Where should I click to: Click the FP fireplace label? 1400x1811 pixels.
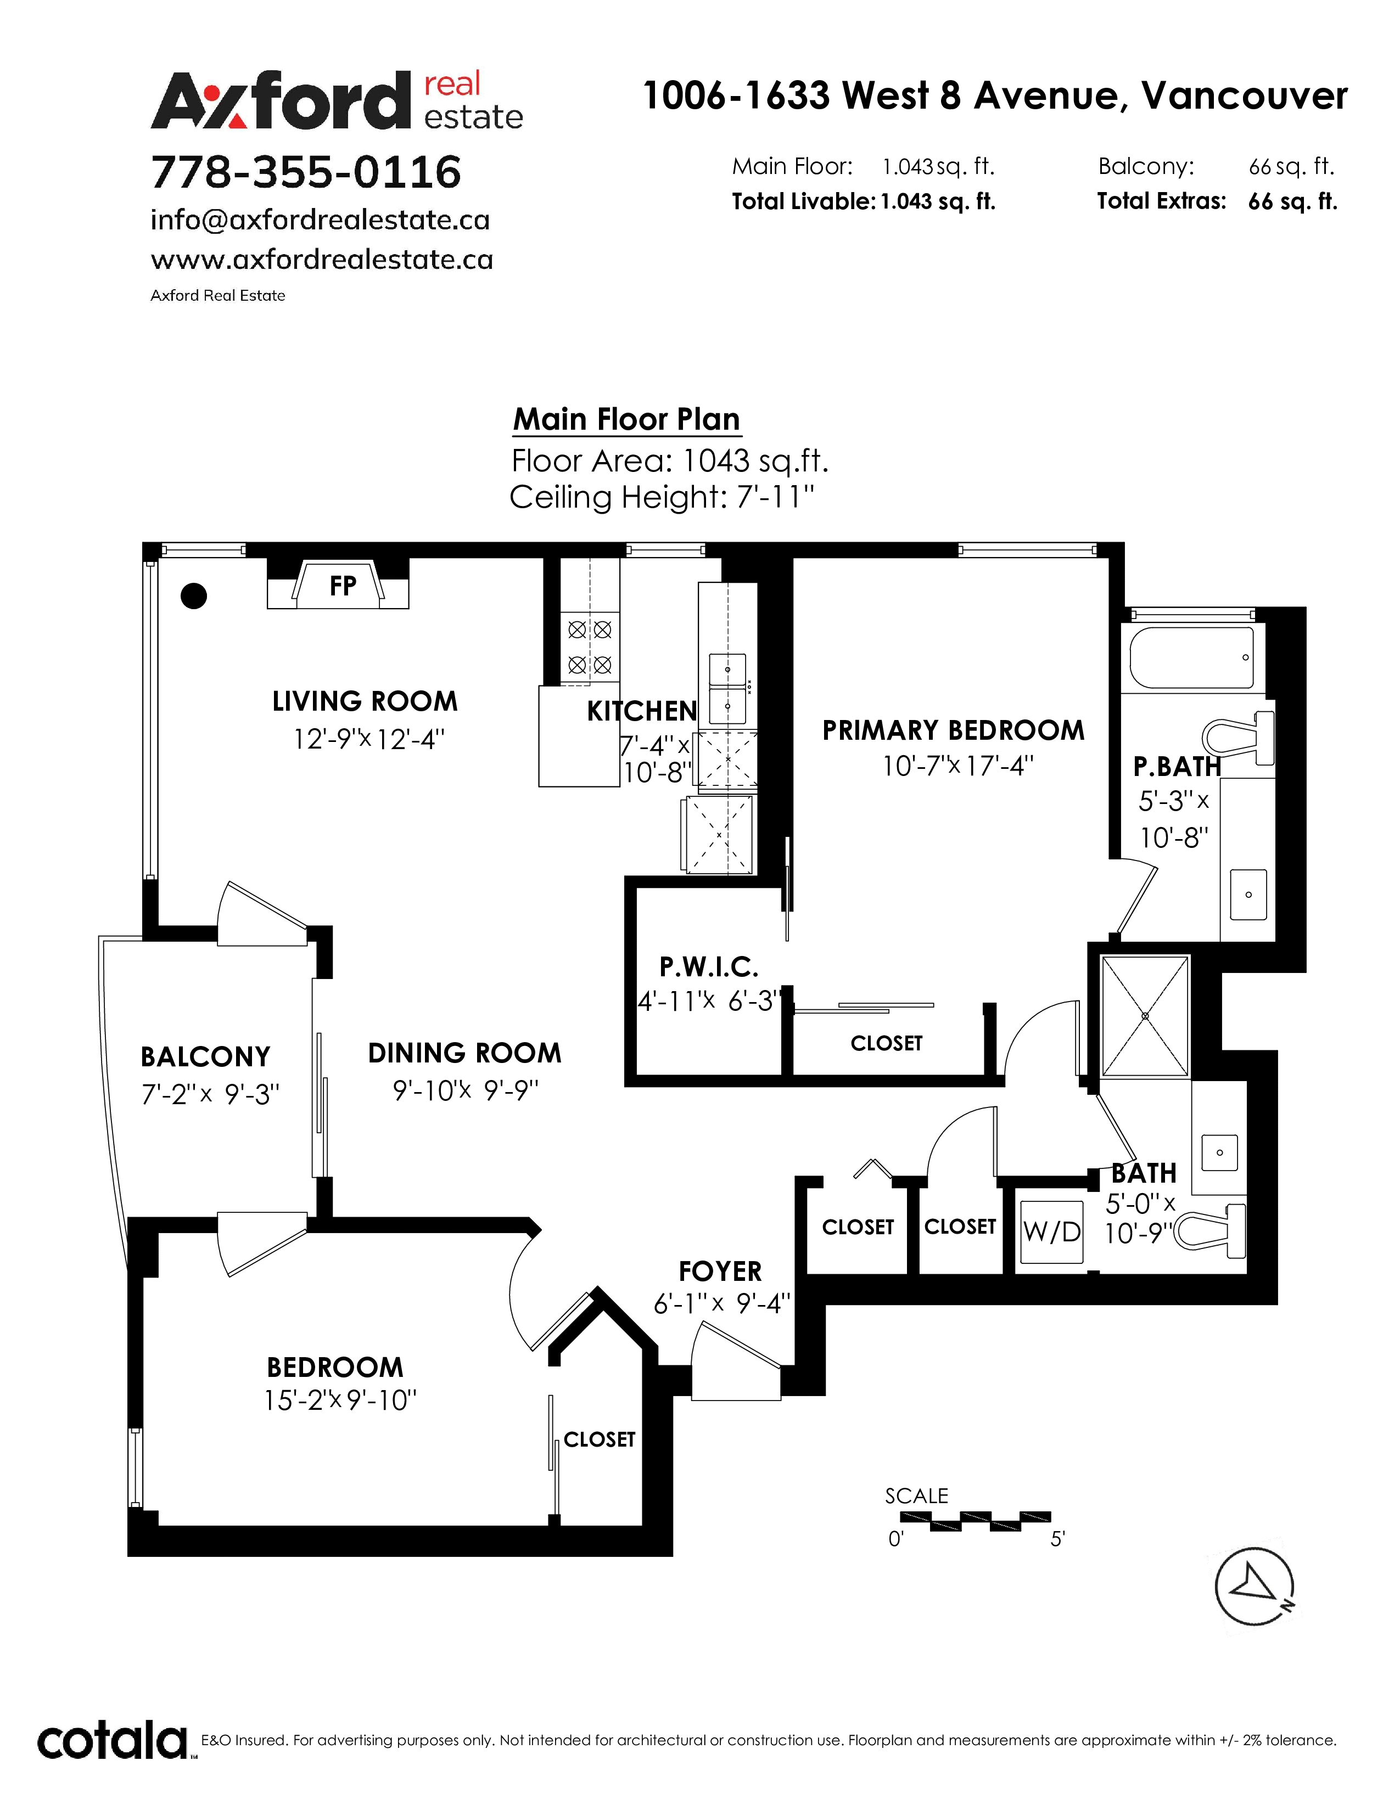(343, 586)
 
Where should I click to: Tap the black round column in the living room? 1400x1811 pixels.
(193, 595)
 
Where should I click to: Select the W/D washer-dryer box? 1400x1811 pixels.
(1052, 1232)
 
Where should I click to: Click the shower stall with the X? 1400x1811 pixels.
(1145, 1016)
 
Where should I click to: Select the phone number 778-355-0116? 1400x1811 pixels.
(306, 172)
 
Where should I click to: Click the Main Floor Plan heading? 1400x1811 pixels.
(626, 420)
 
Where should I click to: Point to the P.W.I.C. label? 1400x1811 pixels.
(709, 967)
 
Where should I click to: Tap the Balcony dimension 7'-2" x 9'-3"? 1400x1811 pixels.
(211, 1095)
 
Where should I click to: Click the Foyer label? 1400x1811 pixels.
(720, 1271)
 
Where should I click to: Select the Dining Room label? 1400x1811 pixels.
(464, 1053)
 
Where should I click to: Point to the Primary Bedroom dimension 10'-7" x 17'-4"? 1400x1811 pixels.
(958, 766)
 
